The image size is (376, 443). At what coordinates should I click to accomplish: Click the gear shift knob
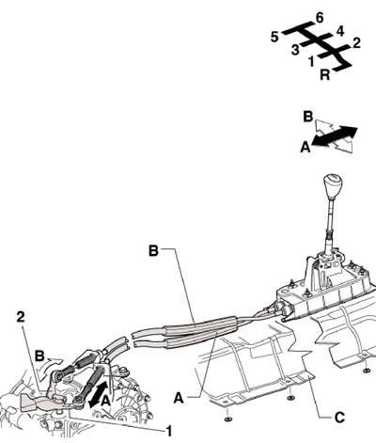pos(332,184)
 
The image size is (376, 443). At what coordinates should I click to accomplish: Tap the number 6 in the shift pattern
pos(320,18)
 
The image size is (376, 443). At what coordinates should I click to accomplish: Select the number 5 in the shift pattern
pos(274,38)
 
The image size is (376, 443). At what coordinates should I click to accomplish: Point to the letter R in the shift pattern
pos(325,75)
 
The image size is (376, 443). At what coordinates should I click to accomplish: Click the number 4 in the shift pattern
pos(340,32)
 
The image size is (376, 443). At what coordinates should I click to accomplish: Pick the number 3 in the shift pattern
pos(295,50)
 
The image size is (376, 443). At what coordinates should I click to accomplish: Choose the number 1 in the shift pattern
pos(311,61)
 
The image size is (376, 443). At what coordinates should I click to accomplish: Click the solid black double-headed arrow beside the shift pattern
pos(335,136)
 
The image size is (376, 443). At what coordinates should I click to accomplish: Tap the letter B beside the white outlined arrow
pos(308,117)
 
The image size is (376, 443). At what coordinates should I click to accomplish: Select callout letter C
pos(339,418)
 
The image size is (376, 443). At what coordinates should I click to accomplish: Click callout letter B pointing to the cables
pos(153,251)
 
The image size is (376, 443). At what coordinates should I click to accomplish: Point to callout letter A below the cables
pos(179,399)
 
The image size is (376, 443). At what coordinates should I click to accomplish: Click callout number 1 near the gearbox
pos(169,432)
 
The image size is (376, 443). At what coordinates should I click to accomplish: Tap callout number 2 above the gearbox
pos(21,317)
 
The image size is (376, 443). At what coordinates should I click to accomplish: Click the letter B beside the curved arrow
pos(39,356)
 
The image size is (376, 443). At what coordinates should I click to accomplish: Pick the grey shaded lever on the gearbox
pos(39,402)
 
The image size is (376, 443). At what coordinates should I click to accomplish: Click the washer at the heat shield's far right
pos(366,371)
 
